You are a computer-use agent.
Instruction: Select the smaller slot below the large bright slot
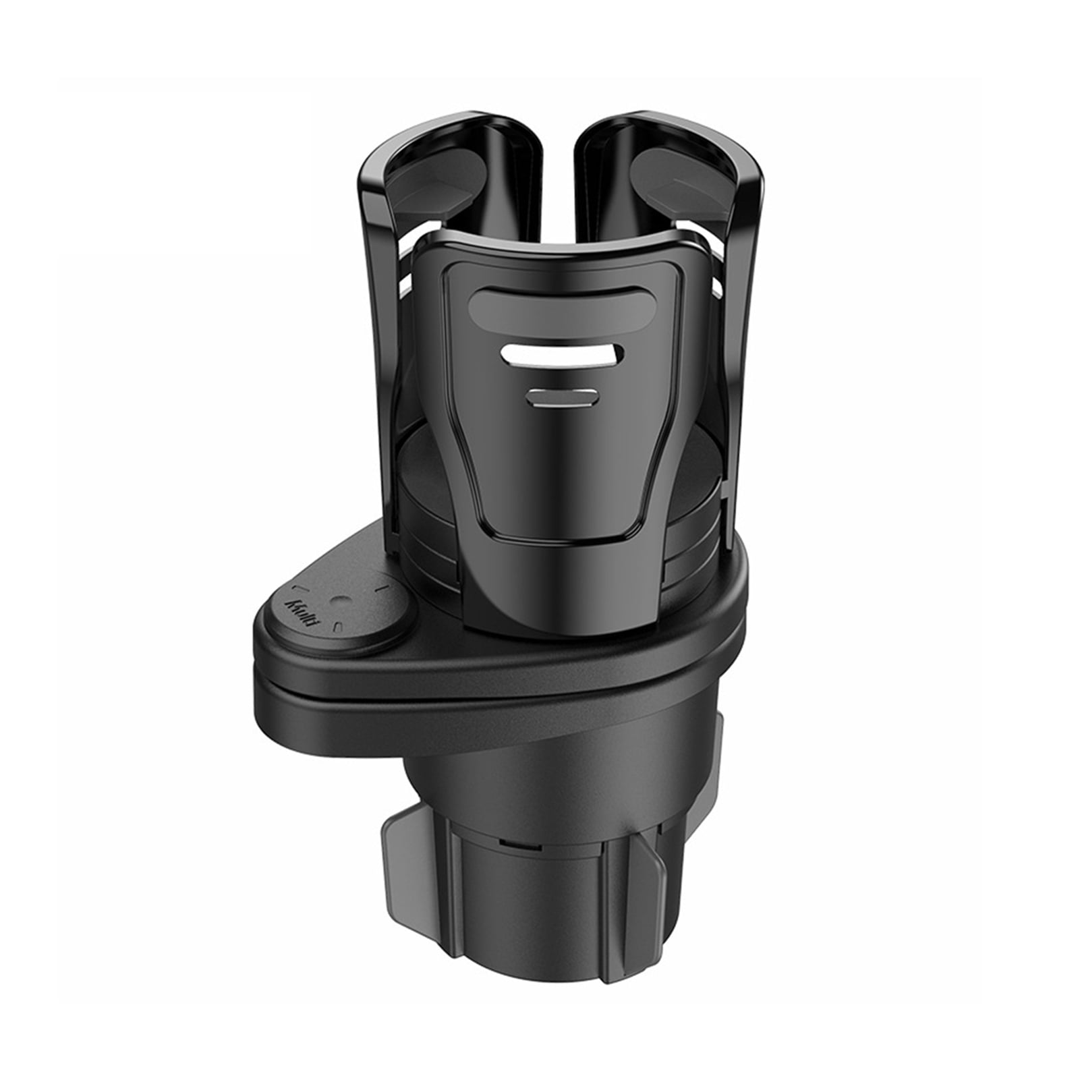coord(561,397)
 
